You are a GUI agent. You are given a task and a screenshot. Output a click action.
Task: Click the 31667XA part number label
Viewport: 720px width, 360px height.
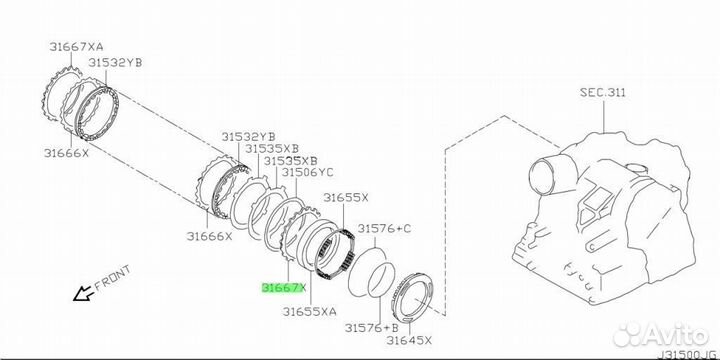(x=76, y=46)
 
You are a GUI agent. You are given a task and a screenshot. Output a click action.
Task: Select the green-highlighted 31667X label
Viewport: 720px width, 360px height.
(x=283, y=288)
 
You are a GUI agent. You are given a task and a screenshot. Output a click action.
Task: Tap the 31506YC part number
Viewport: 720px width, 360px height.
(x=307, y=172)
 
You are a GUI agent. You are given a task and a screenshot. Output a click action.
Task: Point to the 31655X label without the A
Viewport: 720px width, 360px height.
(x=346, y=197)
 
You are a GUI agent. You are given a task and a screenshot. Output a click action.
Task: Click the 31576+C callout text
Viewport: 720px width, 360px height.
(x=385, y=228)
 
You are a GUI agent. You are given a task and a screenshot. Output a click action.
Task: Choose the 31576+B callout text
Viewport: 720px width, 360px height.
(x=371, y=327)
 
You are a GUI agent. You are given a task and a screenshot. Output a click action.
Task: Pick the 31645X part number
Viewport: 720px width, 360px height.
(x=409, y=340)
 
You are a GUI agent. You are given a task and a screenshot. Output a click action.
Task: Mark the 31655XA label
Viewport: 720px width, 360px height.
(x=309, y=311)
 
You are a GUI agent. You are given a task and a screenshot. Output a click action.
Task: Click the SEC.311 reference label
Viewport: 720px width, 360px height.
(x=602, y=92)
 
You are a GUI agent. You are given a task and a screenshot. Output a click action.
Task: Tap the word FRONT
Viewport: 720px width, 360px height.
(x=113, y=278)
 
